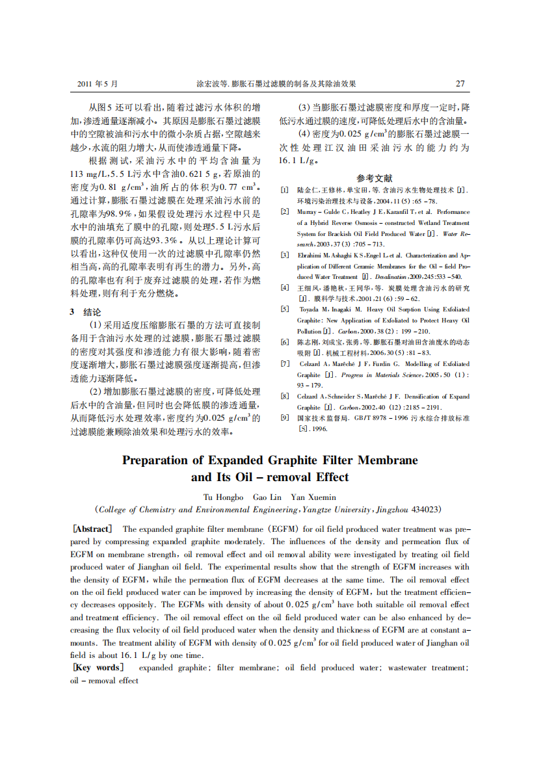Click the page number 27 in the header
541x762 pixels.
[460, 84]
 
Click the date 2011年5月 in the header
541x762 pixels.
[98, 84]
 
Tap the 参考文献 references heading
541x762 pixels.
[374, 177]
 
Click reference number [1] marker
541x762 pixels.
[284, 190]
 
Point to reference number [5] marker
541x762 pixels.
[284, 309]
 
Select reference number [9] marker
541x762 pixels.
[284, 417]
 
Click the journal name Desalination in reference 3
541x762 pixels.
[393, 276]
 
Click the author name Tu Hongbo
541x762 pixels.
[222, 497]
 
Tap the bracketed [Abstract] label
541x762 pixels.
[92, 529]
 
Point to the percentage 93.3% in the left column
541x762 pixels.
[162, 239]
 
